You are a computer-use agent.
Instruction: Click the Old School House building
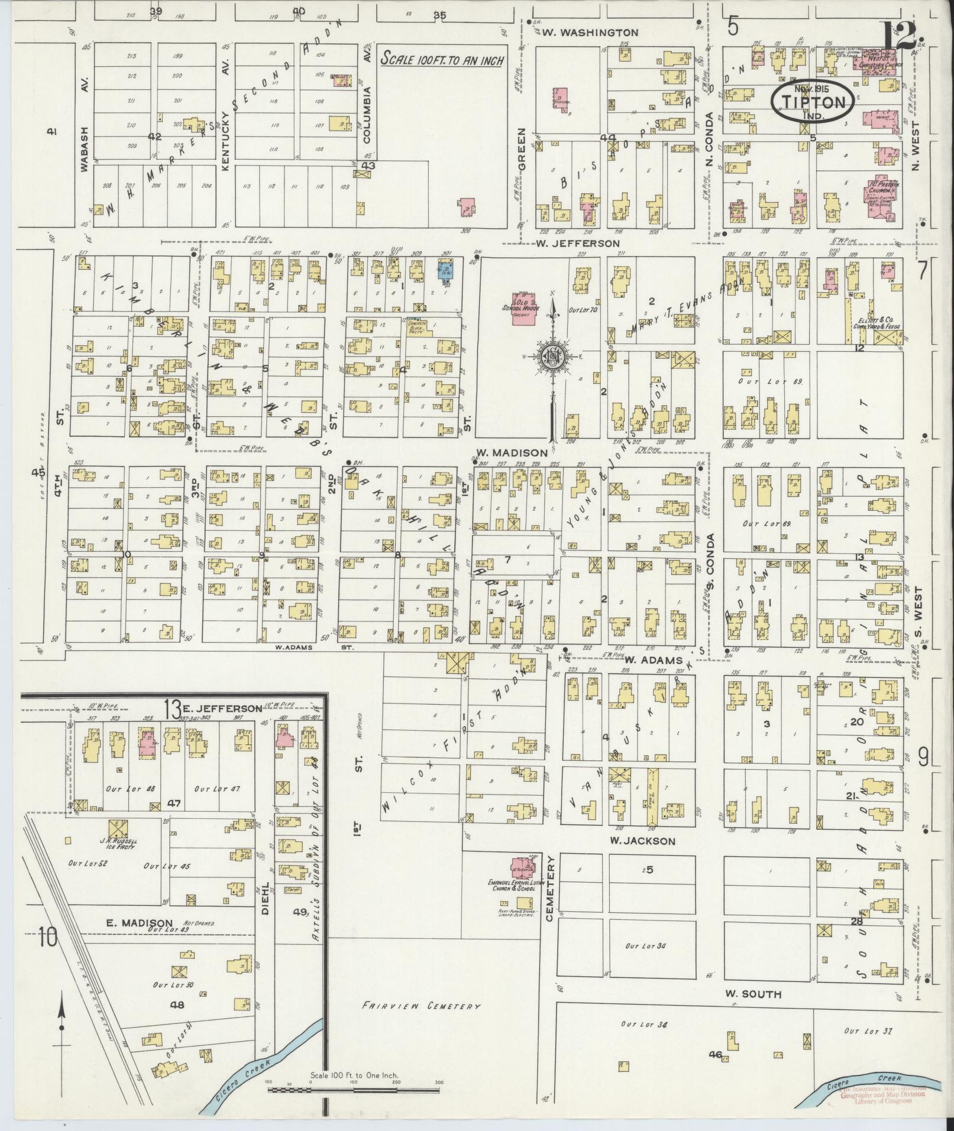pos(523,307)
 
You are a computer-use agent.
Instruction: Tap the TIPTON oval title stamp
pos(813,102)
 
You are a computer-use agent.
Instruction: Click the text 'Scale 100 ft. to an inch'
pos(442,59)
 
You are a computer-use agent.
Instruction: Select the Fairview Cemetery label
pos(421,1006)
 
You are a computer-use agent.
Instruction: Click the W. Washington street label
pos(590,33)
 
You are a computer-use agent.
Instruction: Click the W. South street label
pos(754,994)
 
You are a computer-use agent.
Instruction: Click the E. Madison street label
pos(140,922)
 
